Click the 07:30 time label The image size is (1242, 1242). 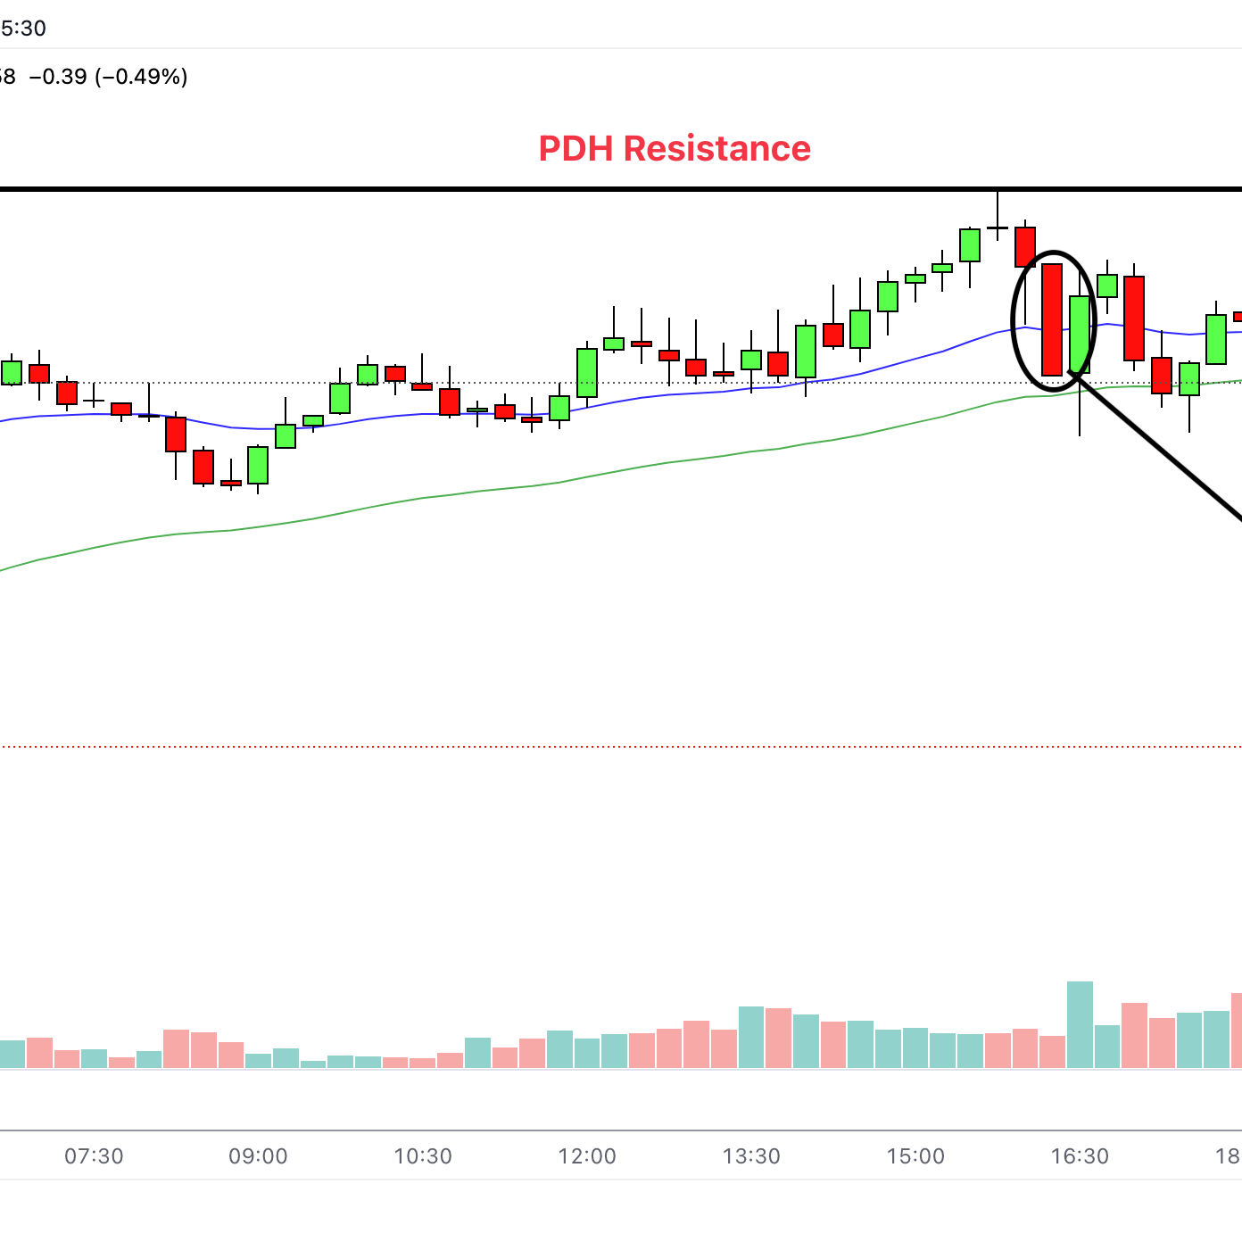94,1156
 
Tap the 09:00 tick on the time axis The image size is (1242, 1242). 258,1156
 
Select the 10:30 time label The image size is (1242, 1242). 423,1156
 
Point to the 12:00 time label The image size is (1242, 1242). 587,1156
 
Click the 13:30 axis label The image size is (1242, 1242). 751,1156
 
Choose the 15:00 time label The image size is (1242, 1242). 915,1156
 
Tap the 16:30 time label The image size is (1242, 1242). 1080,1156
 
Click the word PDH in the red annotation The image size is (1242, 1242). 576,148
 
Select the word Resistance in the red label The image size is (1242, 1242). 717,148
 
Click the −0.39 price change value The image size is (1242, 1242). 58,77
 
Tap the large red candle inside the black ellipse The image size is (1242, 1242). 1052,319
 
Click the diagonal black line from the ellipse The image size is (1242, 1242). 1160,450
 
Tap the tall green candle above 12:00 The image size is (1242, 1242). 587,372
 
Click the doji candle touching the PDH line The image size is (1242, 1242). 998,228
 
